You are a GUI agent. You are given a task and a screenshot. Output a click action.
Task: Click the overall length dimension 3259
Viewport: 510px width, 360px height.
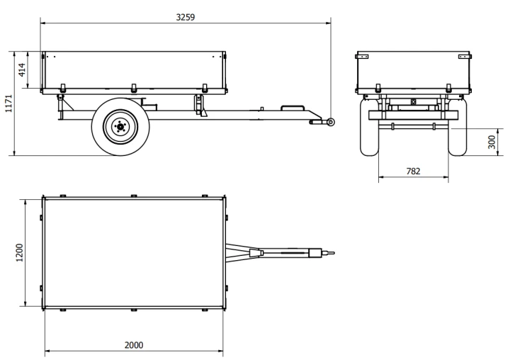click(x=186, y=17)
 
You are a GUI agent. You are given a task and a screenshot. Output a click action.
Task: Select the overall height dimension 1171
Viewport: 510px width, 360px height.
click(x=8, y=103)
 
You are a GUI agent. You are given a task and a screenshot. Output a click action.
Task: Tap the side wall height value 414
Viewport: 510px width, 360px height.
click(x=22, y=69)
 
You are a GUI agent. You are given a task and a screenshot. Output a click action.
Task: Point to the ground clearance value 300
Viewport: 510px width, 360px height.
click(x=492, y=142)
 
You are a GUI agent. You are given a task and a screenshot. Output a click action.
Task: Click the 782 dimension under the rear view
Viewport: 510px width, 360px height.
click(x=413, y=171)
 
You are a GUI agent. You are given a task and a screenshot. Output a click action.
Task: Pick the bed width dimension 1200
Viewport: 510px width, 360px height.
click(x=20, y=252)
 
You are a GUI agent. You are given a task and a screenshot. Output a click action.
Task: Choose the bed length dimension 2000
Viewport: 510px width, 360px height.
click(x=134, y=345)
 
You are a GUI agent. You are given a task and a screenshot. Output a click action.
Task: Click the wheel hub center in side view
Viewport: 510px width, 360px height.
click(x=120, y=126)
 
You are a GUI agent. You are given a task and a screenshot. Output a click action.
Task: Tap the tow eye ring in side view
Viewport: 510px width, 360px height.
click(x=331, y=122)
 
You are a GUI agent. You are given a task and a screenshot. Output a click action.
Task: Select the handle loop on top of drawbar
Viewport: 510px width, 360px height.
click(x=293, y=106)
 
